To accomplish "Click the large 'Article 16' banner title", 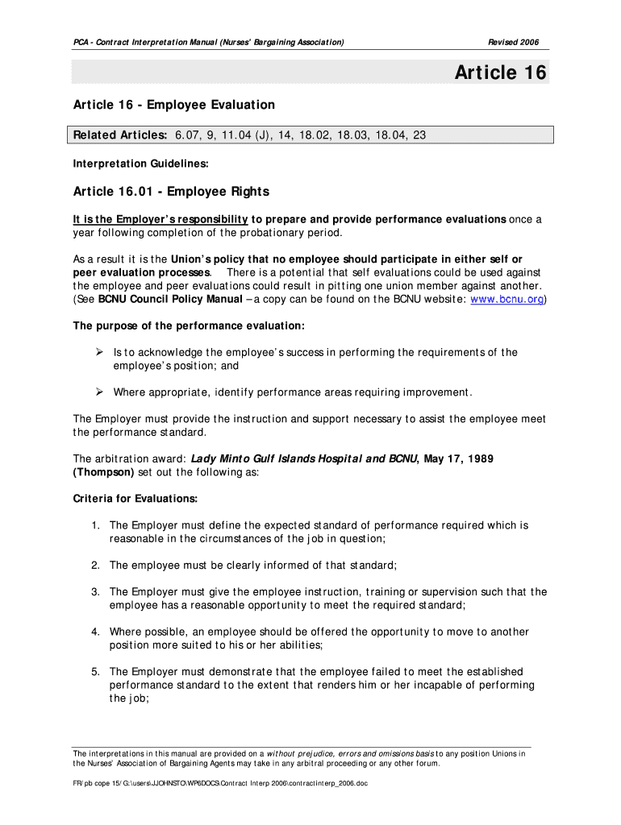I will [500, 73].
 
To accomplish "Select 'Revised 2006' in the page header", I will [514, 42].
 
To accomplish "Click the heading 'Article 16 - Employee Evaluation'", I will [173, 105].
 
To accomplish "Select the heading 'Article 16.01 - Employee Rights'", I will [171, 192].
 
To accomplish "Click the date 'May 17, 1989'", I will [456, 458].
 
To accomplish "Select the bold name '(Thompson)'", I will [103, 472].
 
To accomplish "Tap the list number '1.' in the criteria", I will [95, 525].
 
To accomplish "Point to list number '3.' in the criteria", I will [95, 592].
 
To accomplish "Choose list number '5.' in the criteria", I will [95, 672].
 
